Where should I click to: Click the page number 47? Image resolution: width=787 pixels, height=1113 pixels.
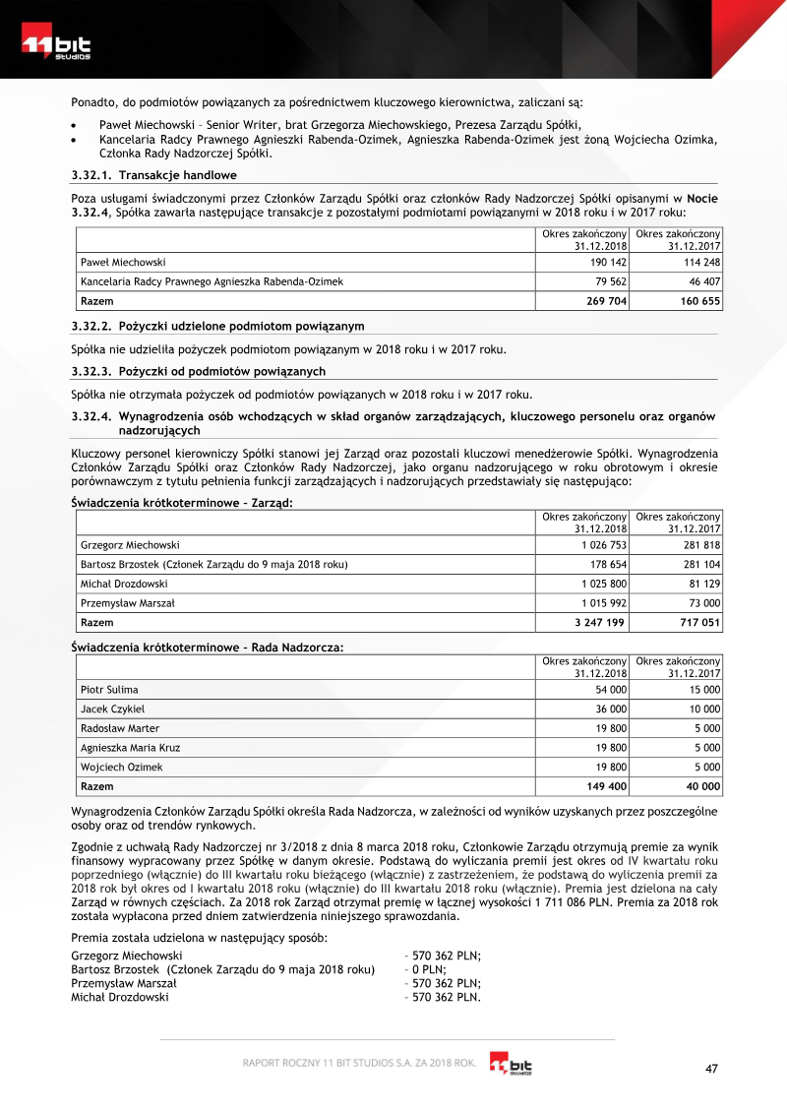(712, 1069)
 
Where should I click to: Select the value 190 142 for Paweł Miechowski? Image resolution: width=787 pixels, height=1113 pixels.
(606, 263)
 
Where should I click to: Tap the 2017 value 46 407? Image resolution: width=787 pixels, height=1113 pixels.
(700, 281)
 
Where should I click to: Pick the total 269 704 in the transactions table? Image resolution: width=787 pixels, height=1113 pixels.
(606, 301)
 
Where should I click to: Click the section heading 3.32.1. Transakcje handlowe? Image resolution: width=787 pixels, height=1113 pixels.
(154, 175)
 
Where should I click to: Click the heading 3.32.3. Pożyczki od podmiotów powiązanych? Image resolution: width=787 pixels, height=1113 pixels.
(199, 371)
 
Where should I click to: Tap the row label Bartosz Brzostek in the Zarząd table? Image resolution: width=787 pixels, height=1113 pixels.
(213, 564)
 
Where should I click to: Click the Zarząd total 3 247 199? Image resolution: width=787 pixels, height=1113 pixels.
(598, 622)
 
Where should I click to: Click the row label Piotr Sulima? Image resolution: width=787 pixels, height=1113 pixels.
(109, 690)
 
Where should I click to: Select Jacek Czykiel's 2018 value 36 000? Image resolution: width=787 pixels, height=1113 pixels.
(611, 709)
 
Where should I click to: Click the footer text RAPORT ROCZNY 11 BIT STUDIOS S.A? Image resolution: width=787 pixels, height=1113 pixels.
(360, 1062)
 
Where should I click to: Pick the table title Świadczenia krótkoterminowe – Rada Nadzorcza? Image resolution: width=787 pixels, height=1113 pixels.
(208, 646)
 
